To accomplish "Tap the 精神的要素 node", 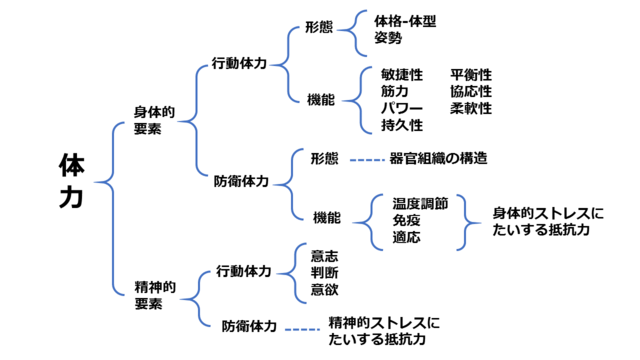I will click(x=155, y=294).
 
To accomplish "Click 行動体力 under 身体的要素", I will click(x=239, y=62).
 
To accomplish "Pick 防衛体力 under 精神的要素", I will click(x=249, y=325).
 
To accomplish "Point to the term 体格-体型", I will click(x=405, y=19).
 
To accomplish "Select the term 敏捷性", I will click(x=401, y=75).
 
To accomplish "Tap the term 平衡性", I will click(x=470, y=75).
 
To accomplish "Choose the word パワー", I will click(x=401, y=108).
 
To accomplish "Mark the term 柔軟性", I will click(x=470, y=108).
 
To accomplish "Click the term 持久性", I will click(x=401, y=125).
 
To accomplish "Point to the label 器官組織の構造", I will click(x=438, y=158).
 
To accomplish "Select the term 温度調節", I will click(x=420, y=202).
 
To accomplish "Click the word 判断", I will click(x=324, y=272).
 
